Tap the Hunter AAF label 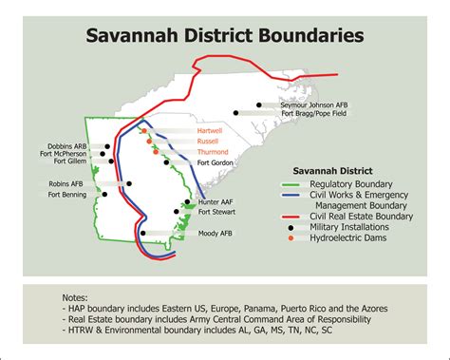[220, 201]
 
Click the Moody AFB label [215, 233]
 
